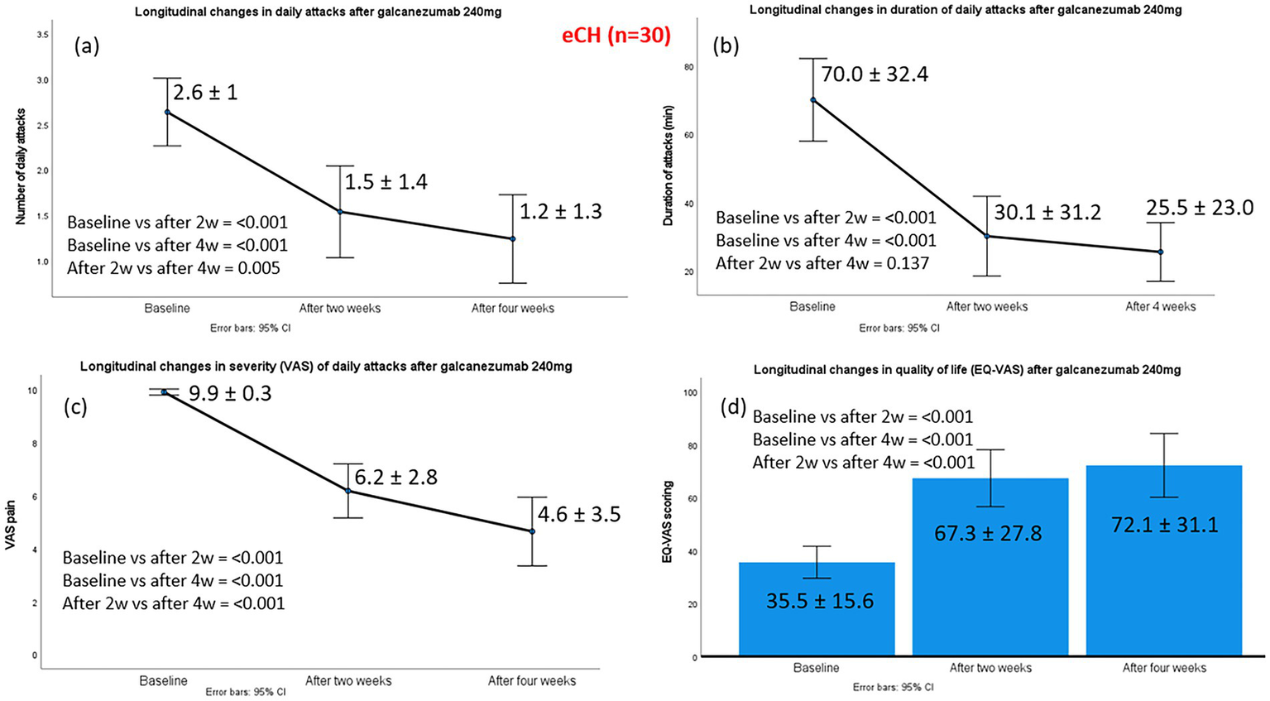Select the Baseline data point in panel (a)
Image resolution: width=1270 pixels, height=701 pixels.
point(167,112)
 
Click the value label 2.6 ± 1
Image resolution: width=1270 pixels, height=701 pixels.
point(205,91)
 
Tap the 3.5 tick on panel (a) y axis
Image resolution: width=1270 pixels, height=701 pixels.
point(43,35)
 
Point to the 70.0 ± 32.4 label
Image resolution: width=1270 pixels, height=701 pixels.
point(875,74)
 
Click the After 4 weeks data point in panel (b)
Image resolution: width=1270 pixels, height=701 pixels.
point(1160,252)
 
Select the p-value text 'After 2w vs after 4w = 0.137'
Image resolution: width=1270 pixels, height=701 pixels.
point(822,263)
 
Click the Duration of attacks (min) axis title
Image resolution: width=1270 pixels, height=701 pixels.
point(668,166)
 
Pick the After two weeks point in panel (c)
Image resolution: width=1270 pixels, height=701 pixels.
point(348,491)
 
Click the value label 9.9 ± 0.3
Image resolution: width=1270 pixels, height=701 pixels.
point(230,393)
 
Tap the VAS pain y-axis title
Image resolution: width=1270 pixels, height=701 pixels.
point(11,524)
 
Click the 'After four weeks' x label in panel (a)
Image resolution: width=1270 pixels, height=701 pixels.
point(512,309)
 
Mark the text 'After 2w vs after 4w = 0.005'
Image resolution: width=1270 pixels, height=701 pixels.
point(174,268)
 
